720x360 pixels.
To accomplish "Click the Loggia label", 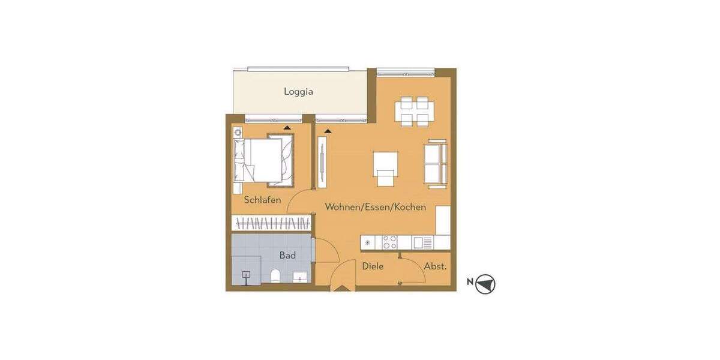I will click(298, 92).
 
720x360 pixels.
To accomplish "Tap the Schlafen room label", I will click(262, 200).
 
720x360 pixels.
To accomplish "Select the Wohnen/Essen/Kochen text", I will click(376, 207).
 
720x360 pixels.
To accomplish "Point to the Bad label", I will click(287, 255).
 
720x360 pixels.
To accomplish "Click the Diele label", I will click(373, 266).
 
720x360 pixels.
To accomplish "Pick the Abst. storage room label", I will click(436, 266).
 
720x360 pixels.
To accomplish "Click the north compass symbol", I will click(485, 284).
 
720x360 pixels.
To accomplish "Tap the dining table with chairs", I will click(414, 112).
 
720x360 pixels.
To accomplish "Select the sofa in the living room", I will click(436, 161).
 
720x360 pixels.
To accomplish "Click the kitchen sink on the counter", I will click(422, 242).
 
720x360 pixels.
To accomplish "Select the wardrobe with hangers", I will click(272, 223).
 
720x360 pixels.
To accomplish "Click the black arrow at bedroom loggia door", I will click(287, 128).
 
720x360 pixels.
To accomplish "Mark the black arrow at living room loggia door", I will click(328, 130).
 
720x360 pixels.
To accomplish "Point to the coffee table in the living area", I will click(386, 161).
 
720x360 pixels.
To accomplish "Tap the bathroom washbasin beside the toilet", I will click(299, 277).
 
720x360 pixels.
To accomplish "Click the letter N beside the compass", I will click(470, 281).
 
